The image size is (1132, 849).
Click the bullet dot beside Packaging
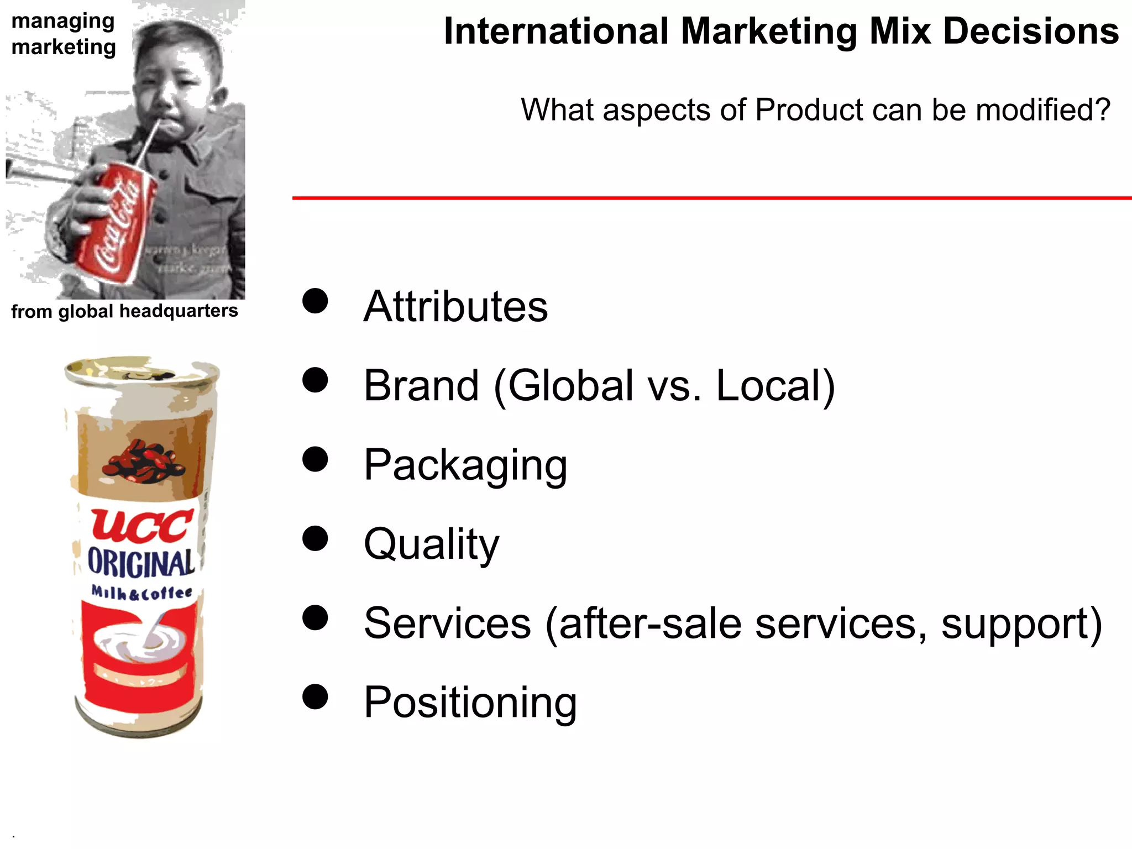click(x=315, y=459)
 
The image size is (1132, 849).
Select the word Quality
click(x=431, y=544)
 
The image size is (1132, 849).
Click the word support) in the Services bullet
click(x=1021, y=623)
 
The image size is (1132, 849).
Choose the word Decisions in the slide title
click(x=1031, y=31)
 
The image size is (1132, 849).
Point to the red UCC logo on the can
click(x=142, y=525)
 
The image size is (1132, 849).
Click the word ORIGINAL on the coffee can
click(x=141, y=563)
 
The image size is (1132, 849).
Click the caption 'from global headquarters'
click(x=124, y=311)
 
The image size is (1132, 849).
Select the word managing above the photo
click(x=63, y=21)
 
